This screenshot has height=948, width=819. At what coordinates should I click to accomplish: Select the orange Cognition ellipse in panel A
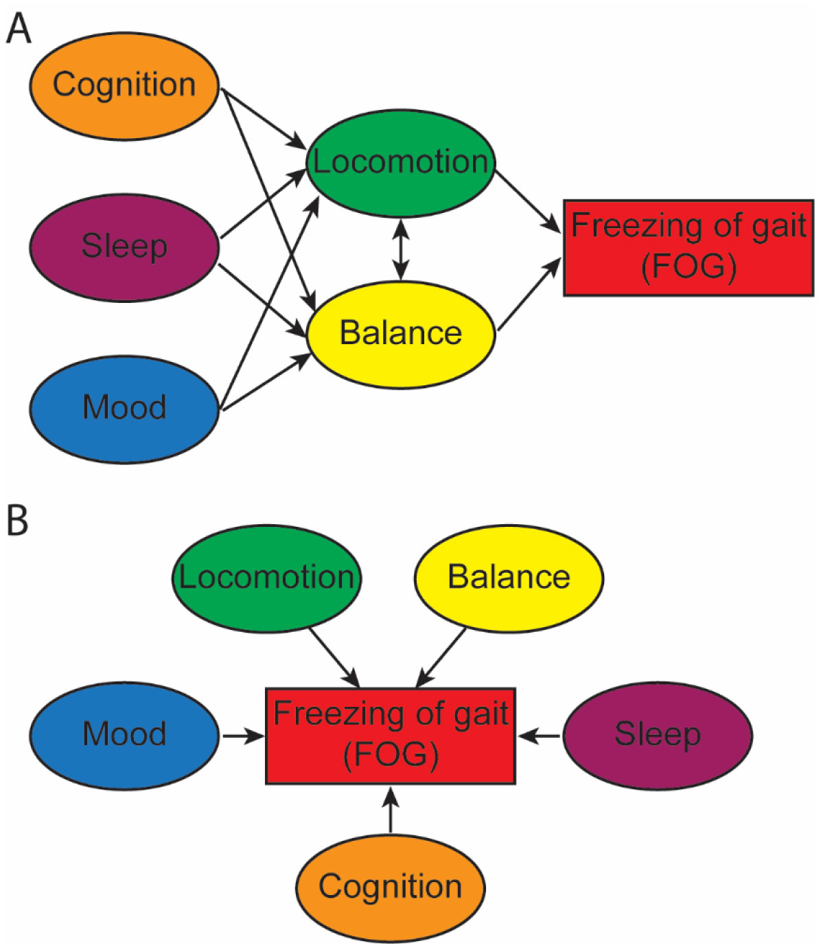point(124,85)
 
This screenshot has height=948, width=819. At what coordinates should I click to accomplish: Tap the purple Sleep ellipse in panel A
point(124,247)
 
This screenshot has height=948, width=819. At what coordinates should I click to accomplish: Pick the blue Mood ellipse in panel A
point(124,408)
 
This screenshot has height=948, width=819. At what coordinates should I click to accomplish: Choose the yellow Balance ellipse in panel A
point(401,333)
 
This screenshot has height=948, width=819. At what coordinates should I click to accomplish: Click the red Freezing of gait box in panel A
point(689,247)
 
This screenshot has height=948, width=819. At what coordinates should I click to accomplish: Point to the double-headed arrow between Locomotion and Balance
point(401,249)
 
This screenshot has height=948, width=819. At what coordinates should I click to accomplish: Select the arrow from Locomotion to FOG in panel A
point(528,200)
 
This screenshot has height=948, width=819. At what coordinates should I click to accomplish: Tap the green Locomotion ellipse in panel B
point(266,577)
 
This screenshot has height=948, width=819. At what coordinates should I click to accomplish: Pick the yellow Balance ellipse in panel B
point(509,577)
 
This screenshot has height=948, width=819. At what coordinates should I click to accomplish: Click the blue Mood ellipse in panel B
point(124,734)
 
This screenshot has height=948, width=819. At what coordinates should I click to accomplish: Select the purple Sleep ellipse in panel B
point(658,734)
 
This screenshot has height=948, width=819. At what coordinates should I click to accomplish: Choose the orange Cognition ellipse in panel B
point(391,886)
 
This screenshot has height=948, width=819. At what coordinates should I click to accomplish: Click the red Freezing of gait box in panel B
point(391,735)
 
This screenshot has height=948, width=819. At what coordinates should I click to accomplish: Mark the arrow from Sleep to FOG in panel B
point(540,736)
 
